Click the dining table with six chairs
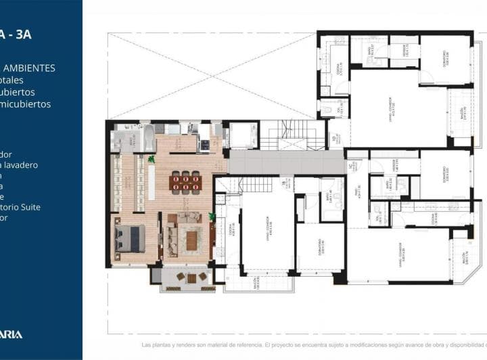click(185, 181)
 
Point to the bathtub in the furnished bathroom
click(148, 135)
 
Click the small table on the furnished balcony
click(191, 278)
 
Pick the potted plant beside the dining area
click(152, 160)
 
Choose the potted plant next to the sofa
click(212, 217)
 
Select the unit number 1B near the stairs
click(283, 183)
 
